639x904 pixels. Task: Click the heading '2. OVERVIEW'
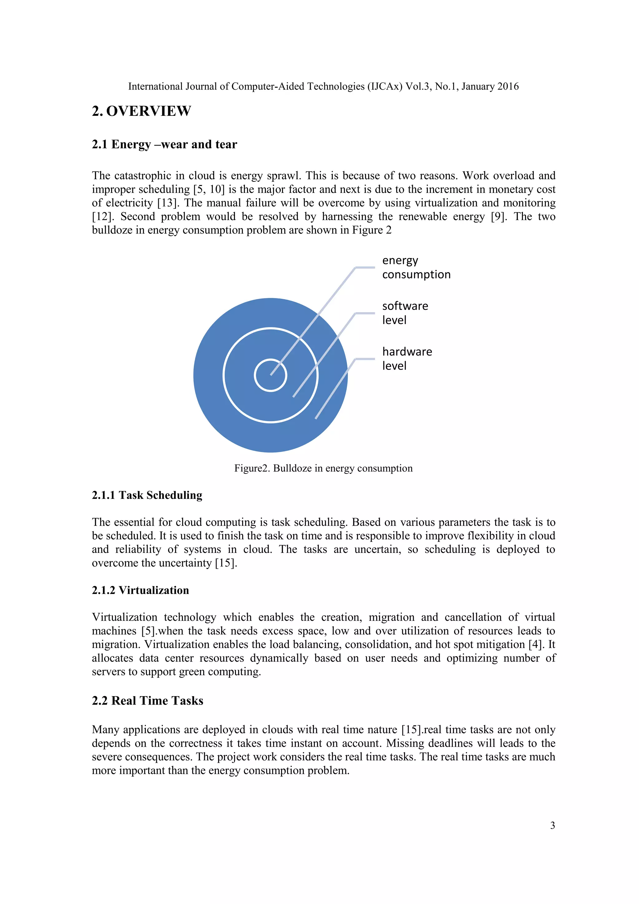click(x=141, y=111)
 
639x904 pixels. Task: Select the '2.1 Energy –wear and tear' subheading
click(x=164, y=145)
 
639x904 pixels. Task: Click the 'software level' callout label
click(x=405, y=313)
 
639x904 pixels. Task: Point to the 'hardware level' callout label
click(x=407, y=359)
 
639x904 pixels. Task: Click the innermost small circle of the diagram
click(x=270, y=375)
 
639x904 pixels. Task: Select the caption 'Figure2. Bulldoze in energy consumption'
click(x=323, y=468)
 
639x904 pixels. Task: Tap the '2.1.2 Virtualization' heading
click(x=140, y=590)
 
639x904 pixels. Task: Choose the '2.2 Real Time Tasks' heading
click(x=148, y=700)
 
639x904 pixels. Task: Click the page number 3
click(x=553, y=826)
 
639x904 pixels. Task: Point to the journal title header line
click(x=323, y=86)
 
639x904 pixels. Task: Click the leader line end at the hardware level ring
click(x=316, y=418)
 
